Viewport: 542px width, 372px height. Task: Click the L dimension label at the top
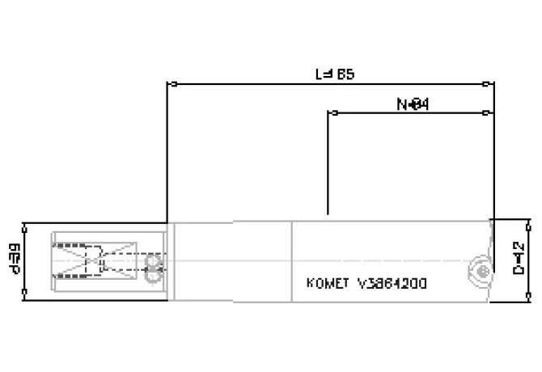point(333,74)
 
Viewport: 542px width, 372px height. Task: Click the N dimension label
point(412,104)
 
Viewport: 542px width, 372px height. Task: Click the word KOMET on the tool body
point(324,284)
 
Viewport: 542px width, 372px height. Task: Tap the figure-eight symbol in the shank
point(150,270)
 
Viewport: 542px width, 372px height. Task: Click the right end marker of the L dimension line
point(485,83)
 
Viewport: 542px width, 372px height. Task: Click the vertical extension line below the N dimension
point(328,162)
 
